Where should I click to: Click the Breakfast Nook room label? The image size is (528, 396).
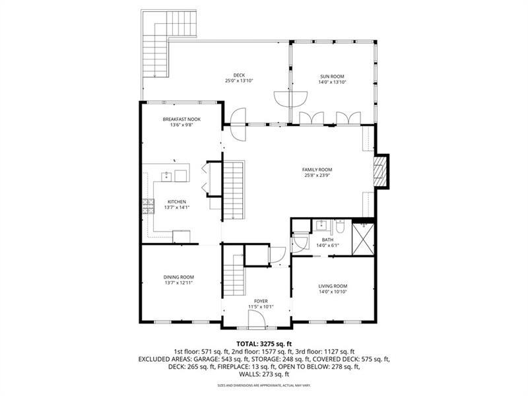(x=181, y=119)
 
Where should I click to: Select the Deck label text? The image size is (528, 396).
(x=239, y=76)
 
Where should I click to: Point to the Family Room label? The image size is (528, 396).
(x=317, y=170)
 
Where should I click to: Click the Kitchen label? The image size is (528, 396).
(x=176, y=202)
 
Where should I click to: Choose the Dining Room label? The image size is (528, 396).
(x=178, y=277)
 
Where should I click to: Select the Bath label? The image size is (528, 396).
(x=327, y=240)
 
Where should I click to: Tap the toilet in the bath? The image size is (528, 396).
(x=340, y=227)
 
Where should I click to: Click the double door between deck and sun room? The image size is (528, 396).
(x=290, y=99)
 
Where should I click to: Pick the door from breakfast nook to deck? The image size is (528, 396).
(x=236, y=117)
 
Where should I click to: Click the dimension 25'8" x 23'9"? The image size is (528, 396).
(x=317, y=176)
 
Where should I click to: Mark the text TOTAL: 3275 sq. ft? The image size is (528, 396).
(x=264, y=343)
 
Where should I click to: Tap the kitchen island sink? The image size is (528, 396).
(x=168, y=176)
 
